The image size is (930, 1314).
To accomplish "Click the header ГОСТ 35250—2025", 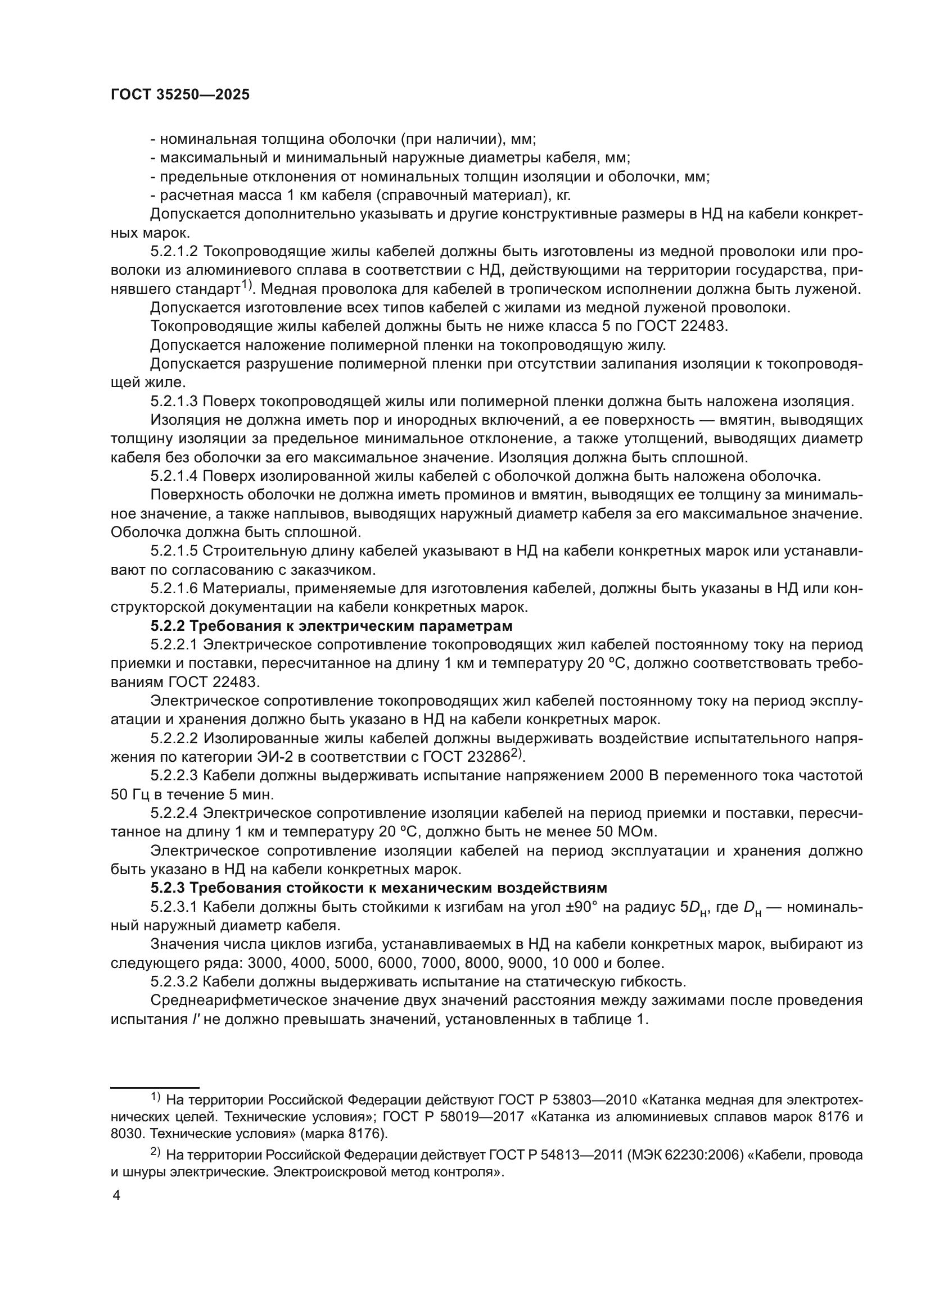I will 180,95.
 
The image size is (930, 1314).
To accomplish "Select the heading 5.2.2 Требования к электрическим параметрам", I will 332,625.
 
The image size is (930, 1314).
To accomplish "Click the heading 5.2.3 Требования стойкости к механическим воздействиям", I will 378,888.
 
